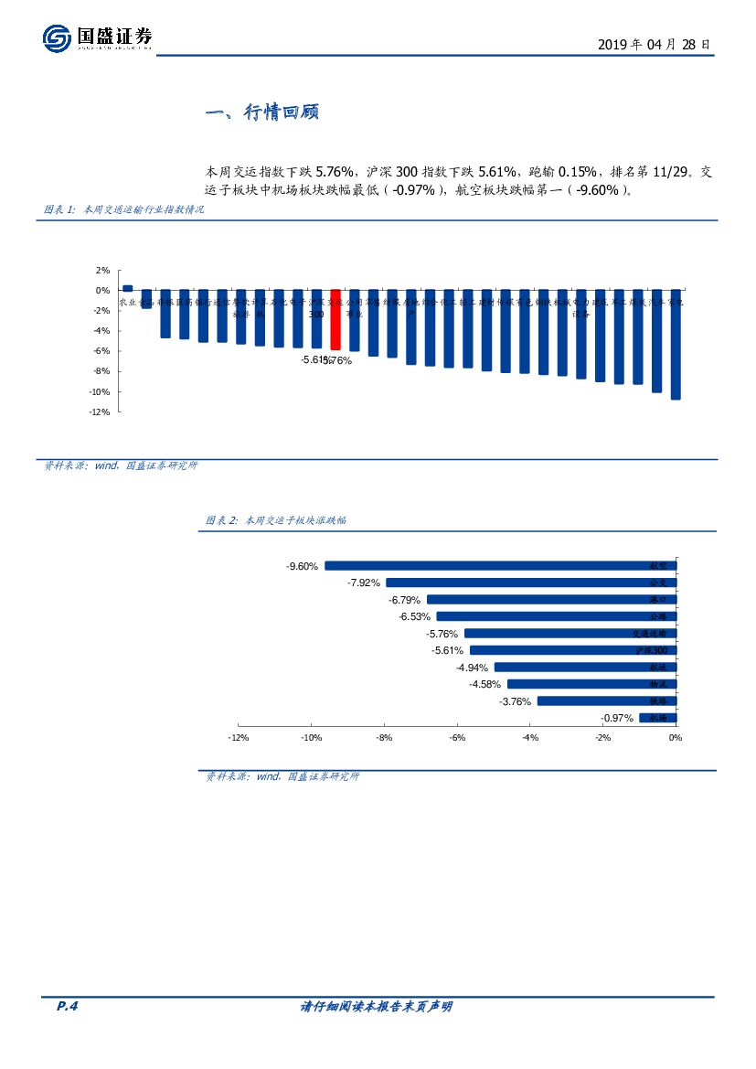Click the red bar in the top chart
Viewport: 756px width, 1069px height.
[335, 319]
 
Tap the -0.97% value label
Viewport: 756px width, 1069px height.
[617, 719]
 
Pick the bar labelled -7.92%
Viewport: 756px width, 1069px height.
[530, 583]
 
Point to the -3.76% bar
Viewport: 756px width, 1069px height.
[606, 701]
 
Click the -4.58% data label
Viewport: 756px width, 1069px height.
[485, 684]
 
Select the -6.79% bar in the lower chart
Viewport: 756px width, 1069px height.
[551, 600]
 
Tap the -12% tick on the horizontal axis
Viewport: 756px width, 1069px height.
[238, 738]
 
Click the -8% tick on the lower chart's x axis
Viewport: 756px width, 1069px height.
[384, 738]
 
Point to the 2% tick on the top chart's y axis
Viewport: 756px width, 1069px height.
[102, 271]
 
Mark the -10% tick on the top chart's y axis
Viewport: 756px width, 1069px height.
[100, 391]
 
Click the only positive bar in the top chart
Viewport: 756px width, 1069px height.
[128, 288]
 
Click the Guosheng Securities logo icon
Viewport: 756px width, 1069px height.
[57, 38]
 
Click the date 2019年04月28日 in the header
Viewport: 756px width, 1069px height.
[654, 44]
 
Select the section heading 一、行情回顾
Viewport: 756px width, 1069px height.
[261, 113]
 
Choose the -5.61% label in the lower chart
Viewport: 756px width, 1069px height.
[448, 650]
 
